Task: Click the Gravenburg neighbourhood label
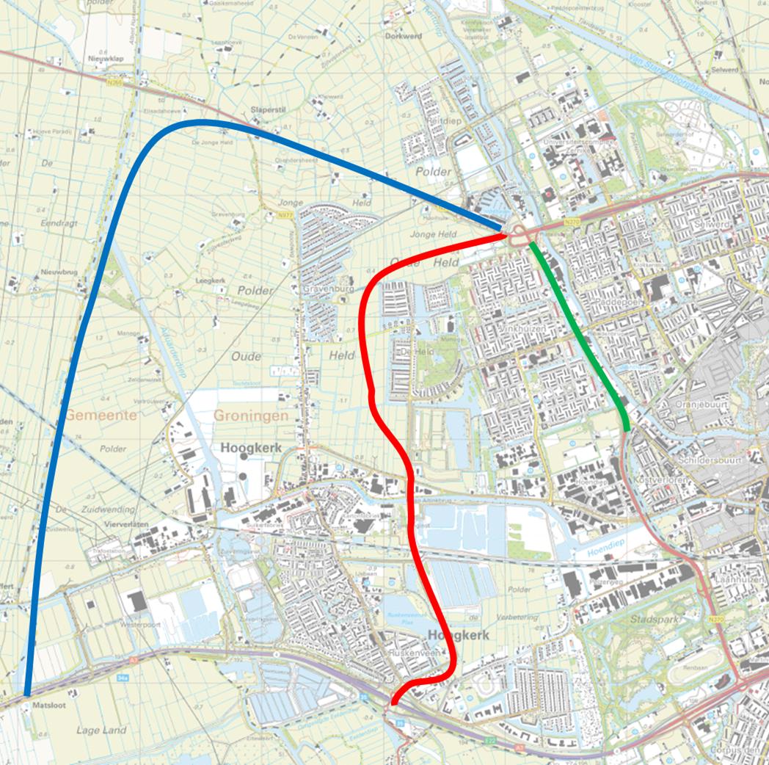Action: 324,289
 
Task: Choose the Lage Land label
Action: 101,730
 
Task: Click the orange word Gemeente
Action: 101,416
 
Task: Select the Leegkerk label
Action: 211,280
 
